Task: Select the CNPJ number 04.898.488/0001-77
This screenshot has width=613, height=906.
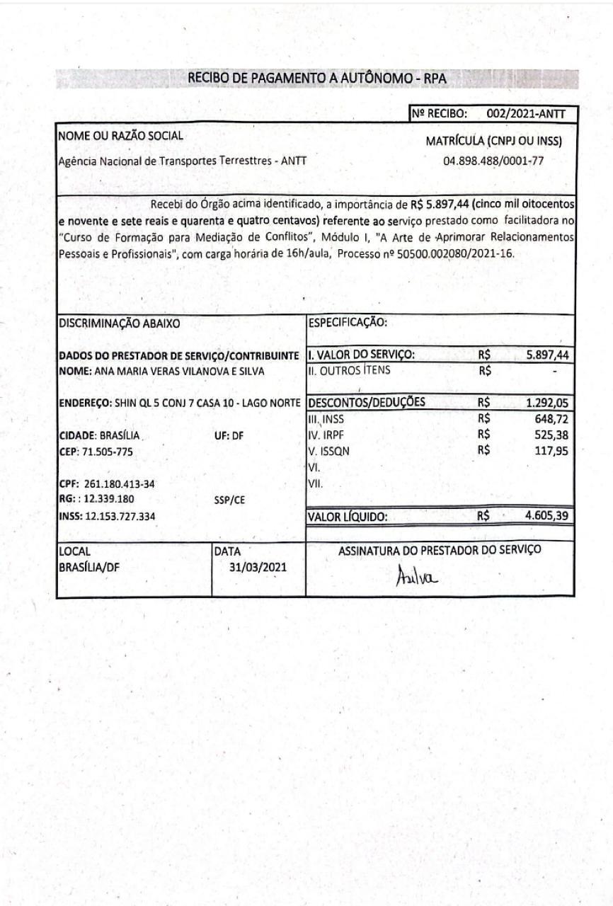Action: pos(493,161)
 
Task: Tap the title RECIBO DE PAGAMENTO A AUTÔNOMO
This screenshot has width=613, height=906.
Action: pos(317,79)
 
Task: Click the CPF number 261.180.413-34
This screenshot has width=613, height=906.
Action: pos(119,484)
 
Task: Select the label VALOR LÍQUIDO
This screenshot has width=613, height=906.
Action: pos(348,517)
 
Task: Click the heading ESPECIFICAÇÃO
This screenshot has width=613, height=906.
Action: pos(348,323)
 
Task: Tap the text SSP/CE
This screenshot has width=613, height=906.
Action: pos(229,500)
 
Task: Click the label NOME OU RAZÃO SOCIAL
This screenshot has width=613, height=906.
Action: pos(120,135)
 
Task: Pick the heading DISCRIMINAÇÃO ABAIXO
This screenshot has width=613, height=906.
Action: pos(120,323)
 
